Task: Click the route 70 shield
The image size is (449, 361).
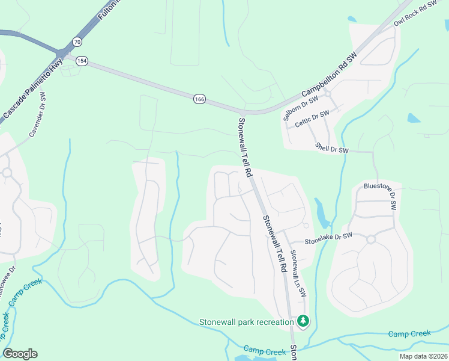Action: (76, 42)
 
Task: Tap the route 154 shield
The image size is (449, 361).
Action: (82, 61)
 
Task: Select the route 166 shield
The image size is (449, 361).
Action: (199, 99)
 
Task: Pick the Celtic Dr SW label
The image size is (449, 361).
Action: (312, 119)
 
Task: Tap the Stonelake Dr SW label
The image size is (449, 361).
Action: (328, 240)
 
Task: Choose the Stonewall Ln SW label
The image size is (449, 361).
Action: (298, 274)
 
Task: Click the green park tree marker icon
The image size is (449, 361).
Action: (304, 321)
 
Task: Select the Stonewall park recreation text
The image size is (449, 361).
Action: (246, 322)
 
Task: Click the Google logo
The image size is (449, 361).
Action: (20, 353)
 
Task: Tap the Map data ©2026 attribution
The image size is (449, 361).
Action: (423, 356)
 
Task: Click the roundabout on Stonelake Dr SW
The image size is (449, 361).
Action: (370, 239)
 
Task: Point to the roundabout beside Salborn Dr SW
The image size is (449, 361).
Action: (328, 94)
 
